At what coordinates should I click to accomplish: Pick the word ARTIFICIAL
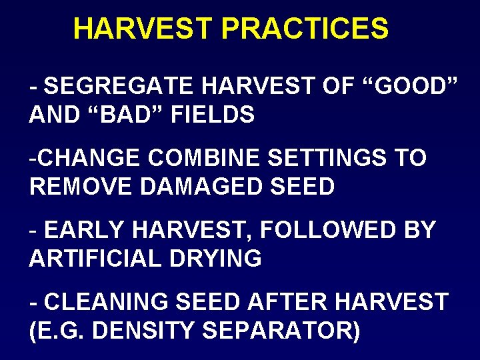point(93,259)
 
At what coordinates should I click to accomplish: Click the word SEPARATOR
point(280,331)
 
